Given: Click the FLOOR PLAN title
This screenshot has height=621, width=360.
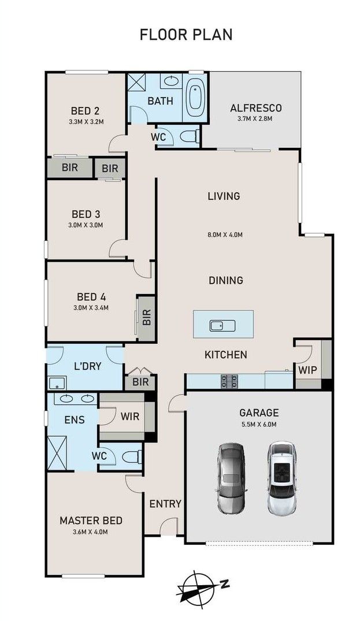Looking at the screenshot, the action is tap(185, 35).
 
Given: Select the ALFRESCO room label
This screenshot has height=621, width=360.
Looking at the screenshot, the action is tap(256, 107).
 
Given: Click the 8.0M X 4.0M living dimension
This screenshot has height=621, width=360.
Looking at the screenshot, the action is tap(225, 235).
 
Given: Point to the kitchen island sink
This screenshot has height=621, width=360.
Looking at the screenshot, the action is tap(222, 326).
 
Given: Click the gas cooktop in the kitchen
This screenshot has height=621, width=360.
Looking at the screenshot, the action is tap(230, 381).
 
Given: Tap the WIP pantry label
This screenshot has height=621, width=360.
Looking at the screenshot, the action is tap(307, 370).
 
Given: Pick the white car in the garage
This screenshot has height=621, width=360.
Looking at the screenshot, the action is tap(281, 478).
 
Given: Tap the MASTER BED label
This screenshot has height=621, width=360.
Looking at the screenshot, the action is tap(91, 520).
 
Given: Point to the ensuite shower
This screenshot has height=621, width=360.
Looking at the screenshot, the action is tap(57, 453).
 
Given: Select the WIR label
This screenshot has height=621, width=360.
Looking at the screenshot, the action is tap(130, 417).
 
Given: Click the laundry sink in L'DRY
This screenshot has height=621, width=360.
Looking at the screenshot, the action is tap(57, 382).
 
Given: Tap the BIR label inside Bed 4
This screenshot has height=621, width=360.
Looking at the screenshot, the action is tap(147, 317).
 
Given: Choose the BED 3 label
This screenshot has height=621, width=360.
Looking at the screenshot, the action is tap(86, 214).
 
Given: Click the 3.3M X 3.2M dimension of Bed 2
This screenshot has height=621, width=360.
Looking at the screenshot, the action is tap(86, 121).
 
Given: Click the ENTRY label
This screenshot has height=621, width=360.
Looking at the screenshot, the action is tap(165, 504).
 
